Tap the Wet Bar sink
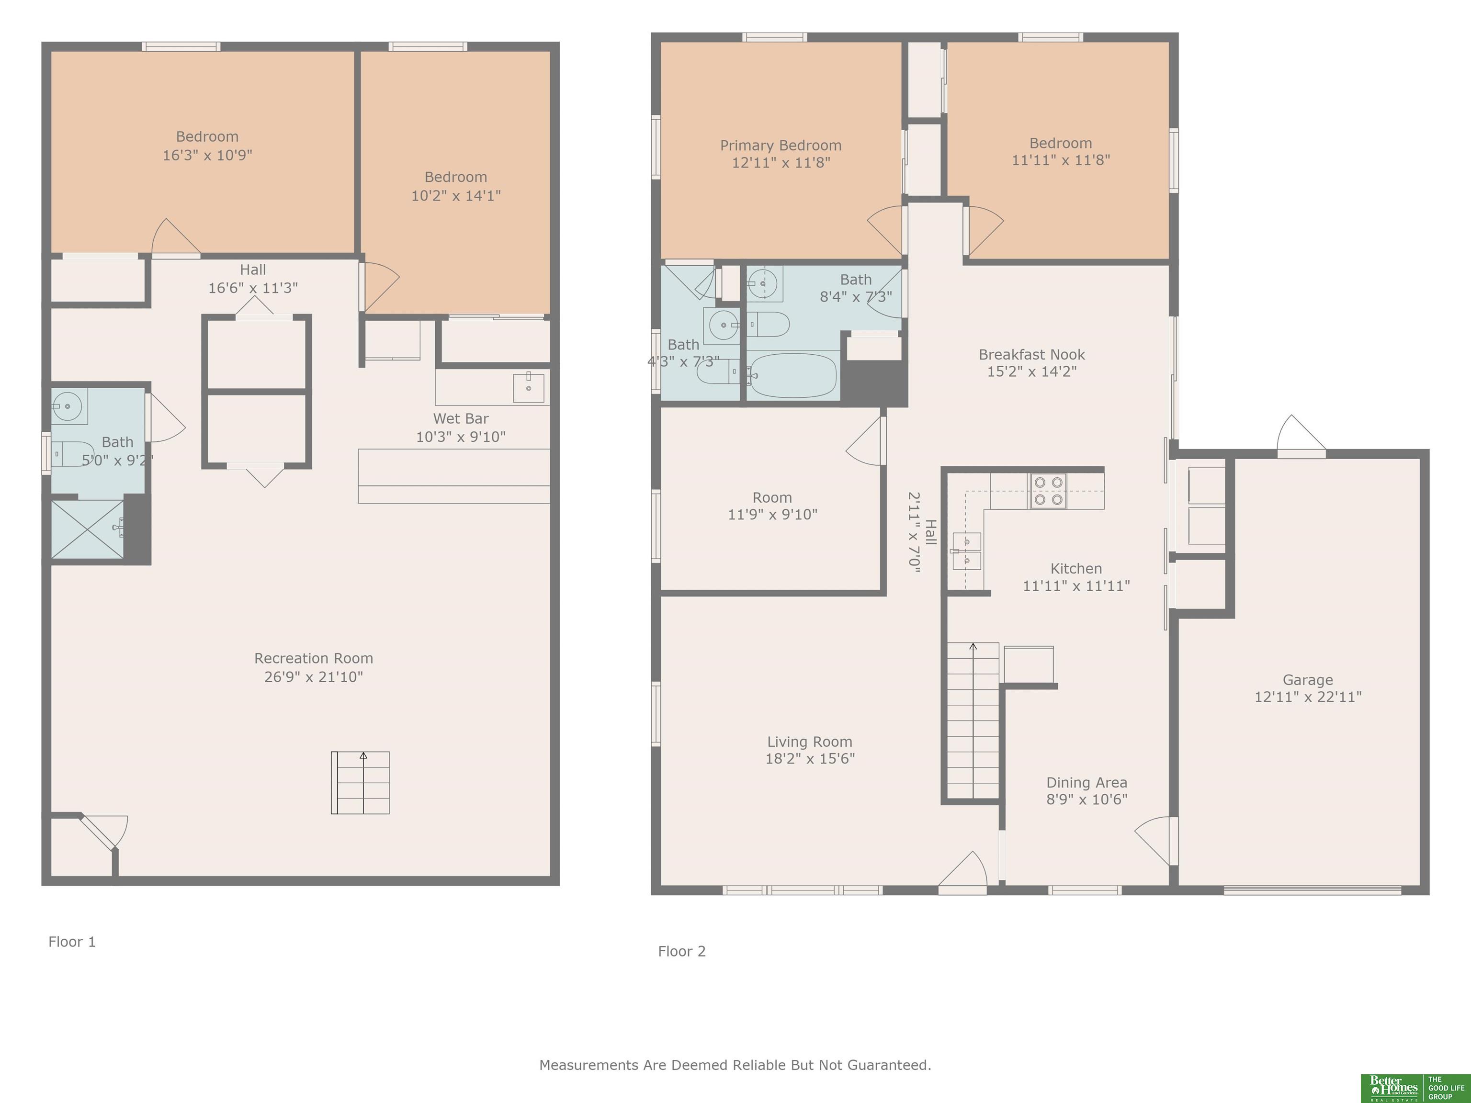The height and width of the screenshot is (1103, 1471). pyautogui.click(x=529, y=388)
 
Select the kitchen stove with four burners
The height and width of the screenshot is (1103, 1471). pyautogui.click(x=1048, y=491)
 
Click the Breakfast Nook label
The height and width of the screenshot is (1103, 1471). pyautogui.click(x=1031, y=354)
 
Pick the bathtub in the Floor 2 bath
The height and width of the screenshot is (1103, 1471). pyautogui.click(x=792, y=376)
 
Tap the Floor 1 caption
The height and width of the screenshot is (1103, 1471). pyautogui.click(x=72, y=942)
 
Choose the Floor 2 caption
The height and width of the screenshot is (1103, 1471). pyautogui.click(x=682, y=951)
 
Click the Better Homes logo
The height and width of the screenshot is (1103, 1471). pyautogui.click(x=1415, y=1088)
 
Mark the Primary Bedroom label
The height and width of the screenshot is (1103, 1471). pyautogui.click(x=781, y=145)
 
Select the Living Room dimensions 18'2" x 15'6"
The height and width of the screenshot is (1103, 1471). pyautogui.click(x=810, y=759)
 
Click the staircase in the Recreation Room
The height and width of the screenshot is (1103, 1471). pyautogui.click(x=361, y=783)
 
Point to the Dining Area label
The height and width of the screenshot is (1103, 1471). pyautogui.click(x=1086, y=783)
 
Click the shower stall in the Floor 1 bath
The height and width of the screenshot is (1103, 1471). pyautogui.click(x=87, y=529)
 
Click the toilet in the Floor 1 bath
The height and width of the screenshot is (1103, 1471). pyautogui.click(x=72, y=453)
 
